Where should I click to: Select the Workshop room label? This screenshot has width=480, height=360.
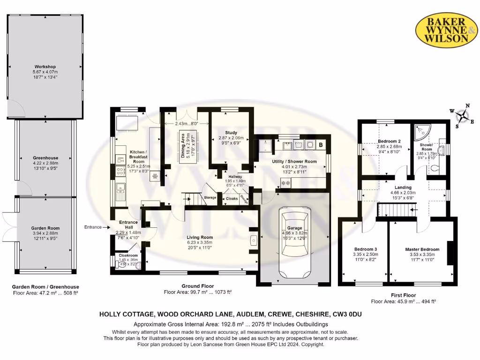click(x=45, y=67)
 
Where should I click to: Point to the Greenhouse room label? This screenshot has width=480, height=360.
click(x=45, y=158)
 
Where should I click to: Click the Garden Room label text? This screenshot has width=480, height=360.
click(x=46, y=228)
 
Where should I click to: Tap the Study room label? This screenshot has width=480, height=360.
click(x=231, y=132)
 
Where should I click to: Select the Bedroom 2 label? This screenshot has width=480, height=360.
click(x=389, y=141)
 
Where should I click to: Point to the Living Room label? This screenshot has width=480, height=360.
click(x=200, y=237)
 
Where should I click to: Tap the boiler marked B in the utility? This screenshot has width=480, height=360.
click(x=321, y=145)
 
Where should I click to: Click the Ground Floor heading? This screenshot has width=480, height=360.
click(x=197, y=286)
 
